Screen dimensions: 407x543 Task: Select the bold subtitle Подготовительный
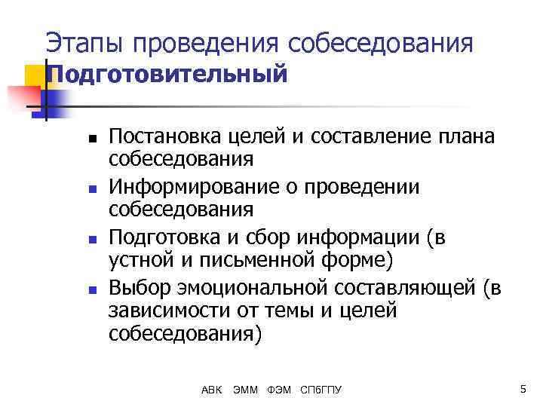(x=167, y=75)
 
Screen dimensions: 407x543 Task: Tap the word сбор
(x=278, y=237)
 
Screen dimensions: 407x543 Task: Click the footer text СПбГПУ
(x=321, y=390)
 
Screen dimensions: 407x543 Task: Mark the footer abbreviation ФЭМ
(x=280, y=390)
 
